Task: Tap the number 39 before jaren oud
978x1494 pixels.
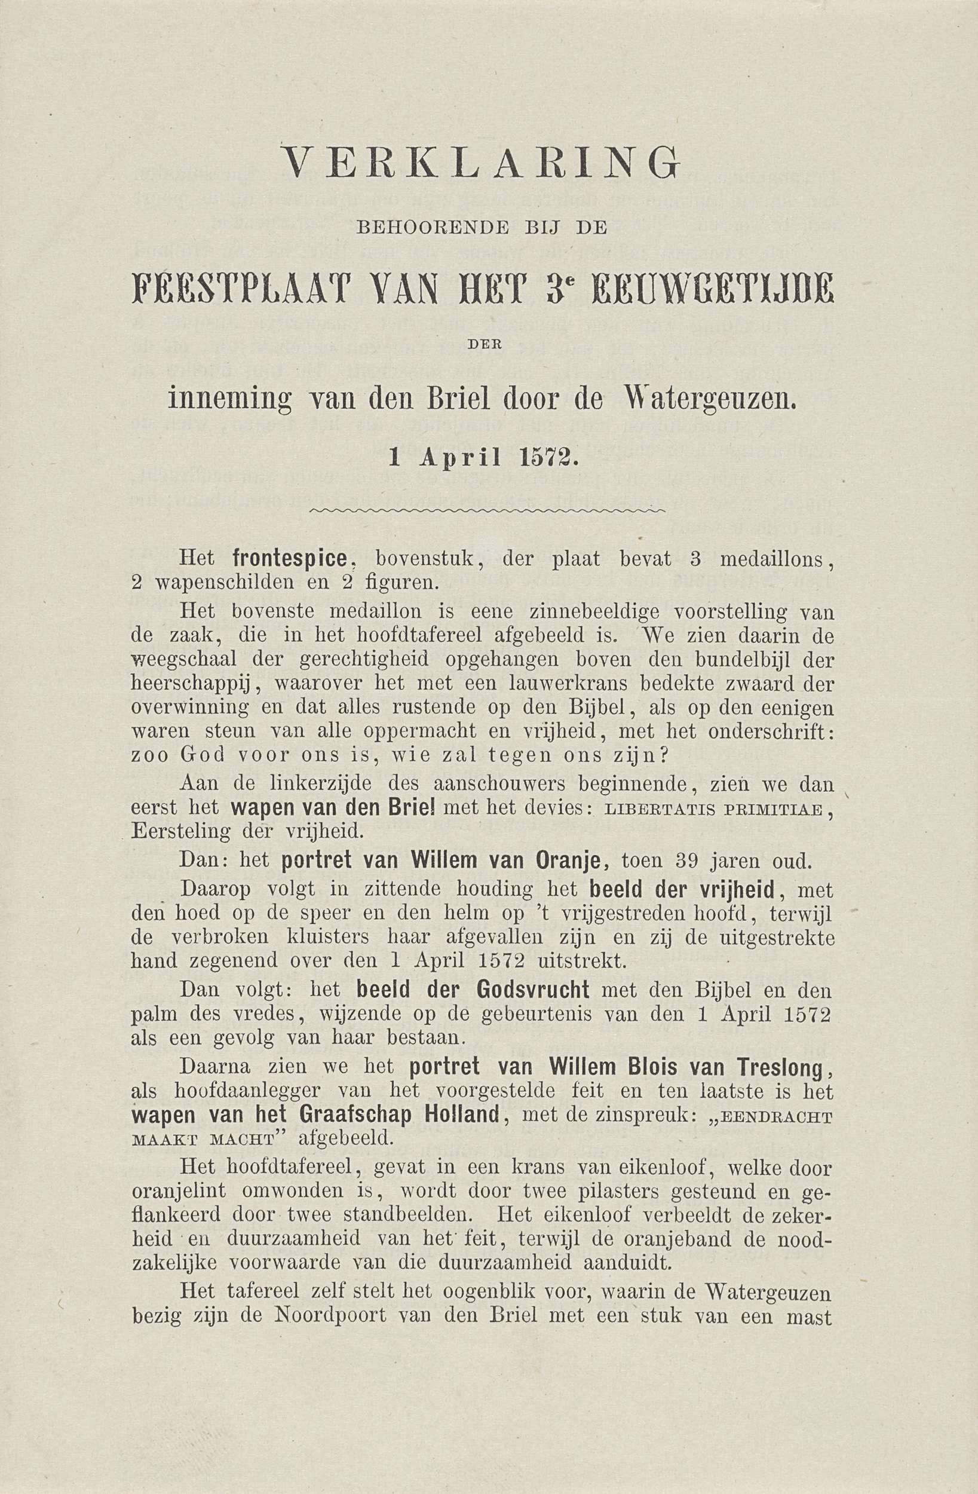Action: pyautogui.click(x=688, y=861)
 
